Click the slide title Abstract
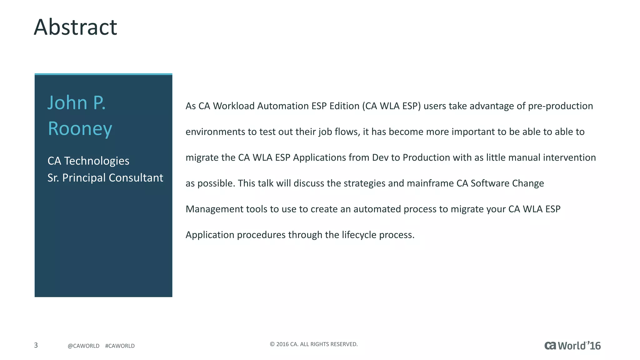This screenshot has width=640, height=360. tap(75, 27)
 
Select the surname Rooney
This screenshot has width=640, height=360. tap(80, 129)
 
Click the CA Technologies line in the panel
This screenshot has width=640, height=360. tap(88, 161)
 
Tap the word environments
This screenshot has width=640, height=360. tap(215, 132)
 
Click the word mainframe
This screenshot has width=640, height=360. tap(430, 183)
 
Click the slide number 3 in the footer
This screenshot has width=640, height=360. tap(36, 345)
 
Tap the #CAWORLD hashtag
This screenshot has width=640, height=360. tap(120, 346)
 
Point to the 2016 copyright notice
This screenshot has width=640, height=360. tap(313, 344)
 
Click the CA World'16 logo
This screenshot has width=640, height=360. tap(572, 346)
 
